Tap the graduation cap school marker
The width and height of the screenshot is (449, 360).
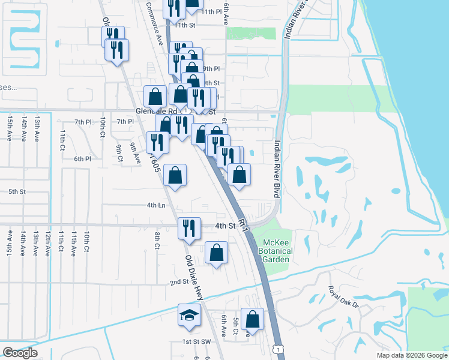coord(189,315)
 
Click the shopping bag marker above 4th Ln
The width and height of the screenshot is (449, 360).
coord(175,176)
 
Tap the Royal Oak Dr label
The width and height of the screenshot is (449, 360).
coord(343,297)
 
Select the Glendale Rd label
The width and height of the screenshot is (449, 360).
coord(157,112)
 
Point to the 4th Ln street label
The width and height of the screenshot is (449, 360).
coord(155,205)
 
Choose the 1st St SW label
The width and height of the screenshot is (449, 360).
coord(197,341)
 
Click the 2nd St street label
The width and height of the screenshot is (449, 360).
coord(178,283)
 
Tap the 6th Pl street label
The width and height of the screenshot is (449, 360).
coord(82,159)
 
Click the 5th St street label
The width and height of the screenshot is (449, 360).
coord(17,192)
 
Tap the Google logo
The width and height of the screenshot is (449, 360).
coord(20,353)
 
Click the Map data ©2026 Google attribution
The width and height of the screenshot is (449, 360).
coord(411,355)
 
